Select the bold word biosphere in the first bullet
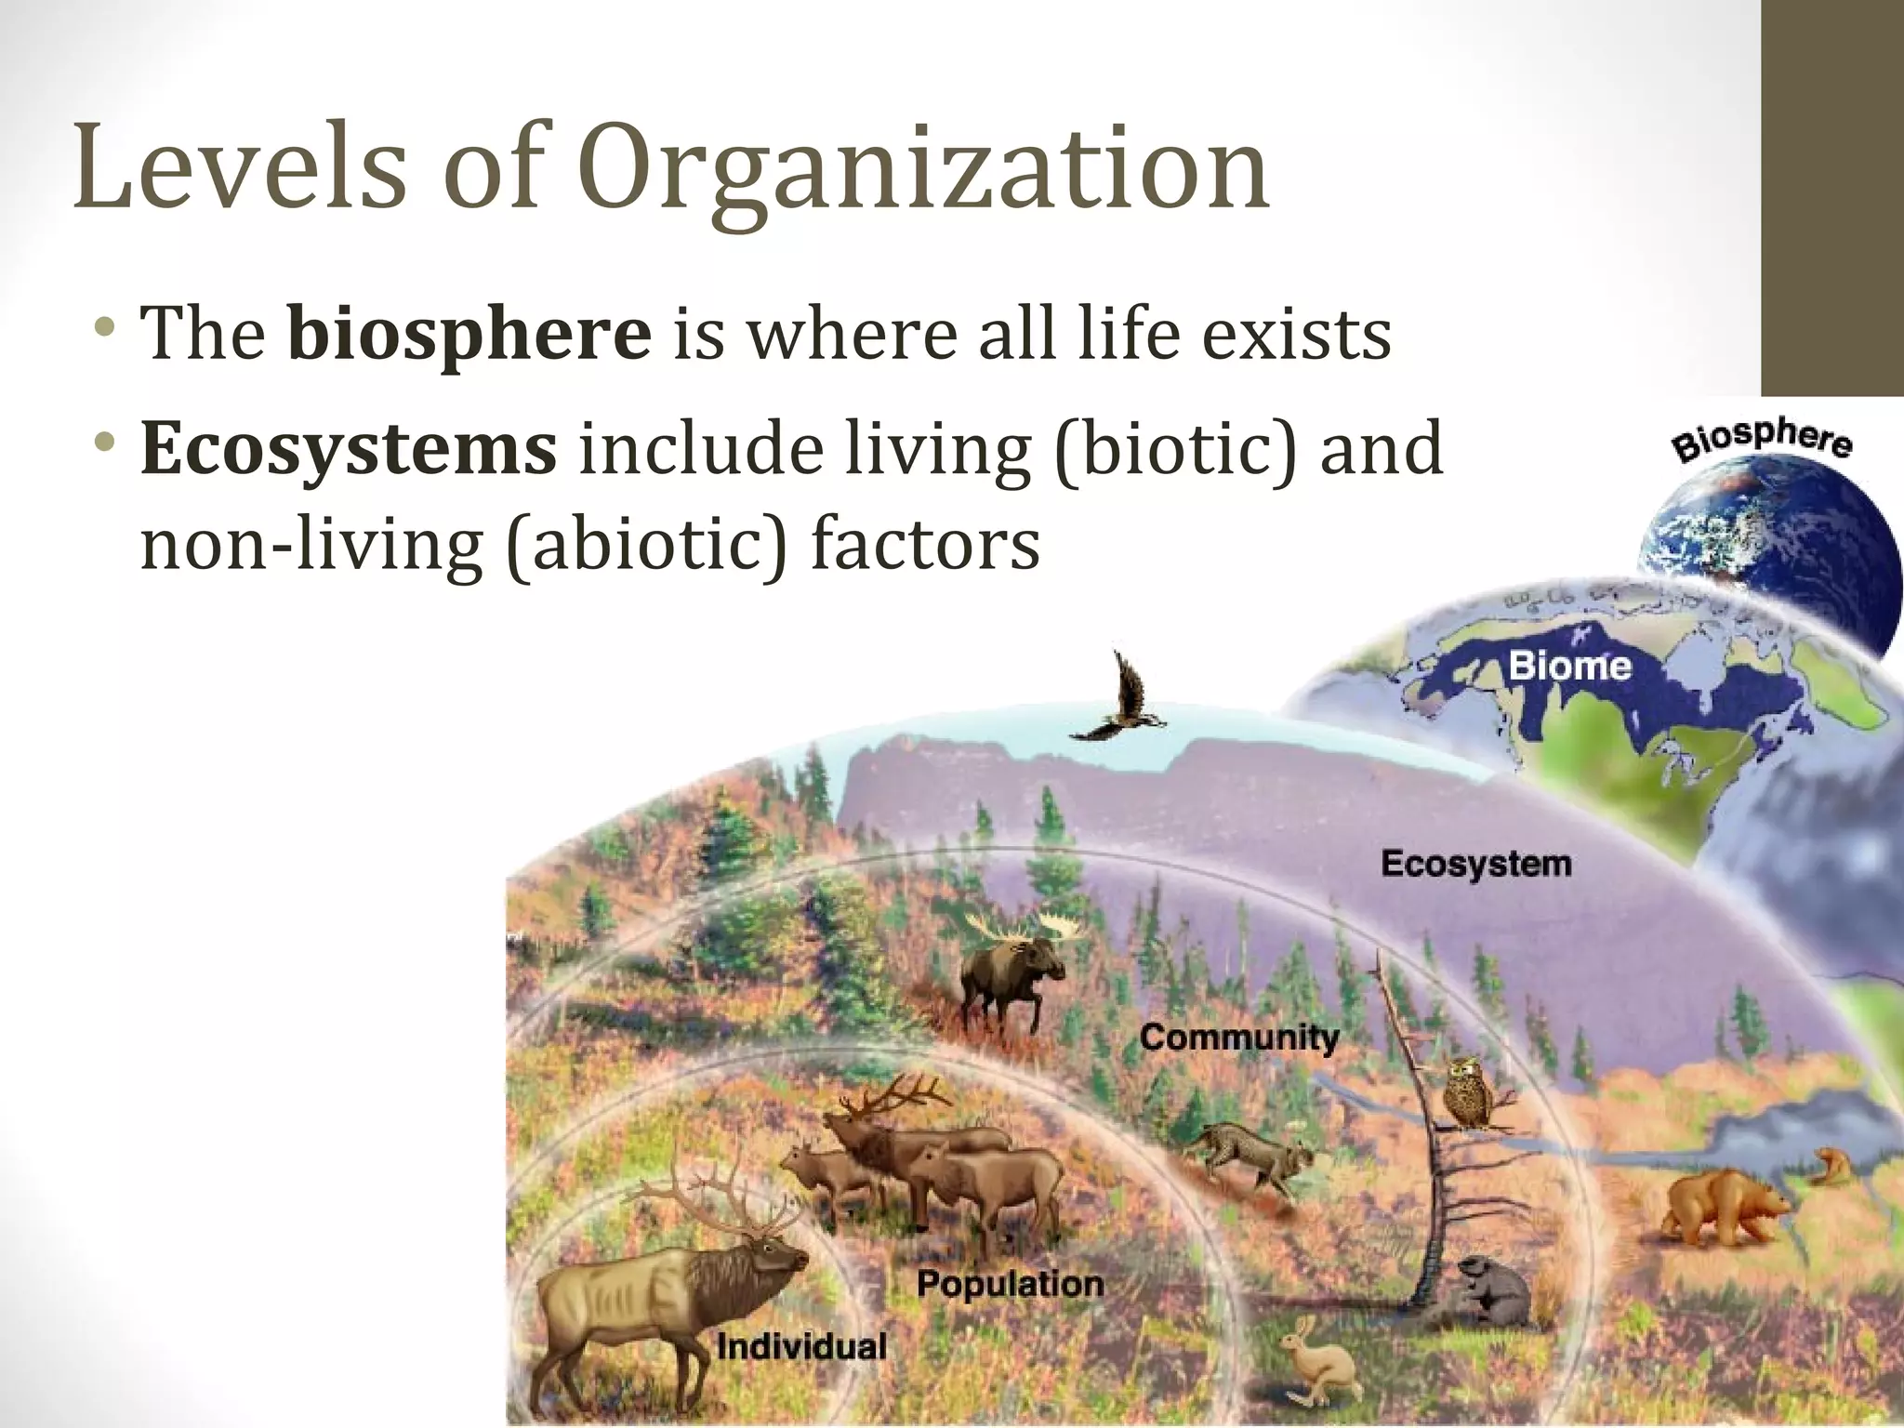tap(469, 335)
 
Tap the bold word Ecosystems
tap(349, 450)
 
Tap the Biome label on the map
tap(1569, 666)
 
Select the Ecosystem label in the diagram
tap(1476, 864)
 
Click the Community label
tap(1239, 1037)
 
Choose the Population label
tap(1011, 1284)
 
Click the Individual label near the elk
tap(801, 1346)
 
